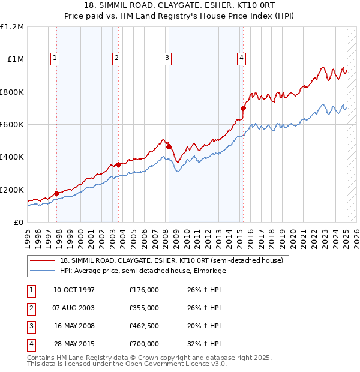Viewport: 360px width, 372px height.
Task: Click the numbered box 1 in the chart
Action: coord(55,58)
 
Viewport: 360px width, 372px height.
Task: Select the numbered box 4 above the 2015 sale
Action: coord(241,58)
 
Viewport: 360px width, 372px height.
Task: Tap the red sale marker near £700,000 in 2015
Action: coord(244,109)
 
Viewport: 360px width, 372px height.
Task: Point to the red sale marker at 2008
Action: coord(169,146)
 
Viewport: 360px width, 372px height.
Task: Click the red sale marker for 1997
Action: coord(57,193)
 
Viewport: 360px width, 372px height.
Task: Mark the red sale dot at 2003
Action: coord(119,164)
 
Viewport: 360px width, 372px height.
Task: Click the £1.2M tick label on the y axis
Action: coord(12,27)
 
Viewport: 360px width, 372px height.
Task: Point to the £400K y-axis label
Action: coord(12,157)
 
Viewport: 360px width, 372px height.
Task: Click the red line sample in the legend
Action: coord(43,260)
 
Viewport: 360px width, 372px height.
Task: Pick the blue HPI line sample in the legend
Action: coord(43,271)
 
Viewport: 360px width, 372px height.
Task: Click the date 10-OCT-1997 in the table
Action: coord(74,290)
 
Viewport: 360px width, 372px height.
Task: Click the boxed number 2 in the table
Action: coord(31,308)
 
